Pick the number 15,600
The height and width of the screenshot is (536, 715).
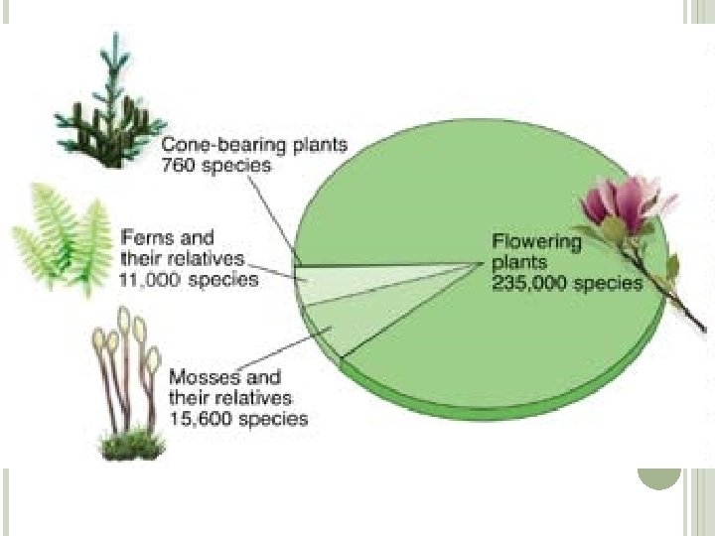[200, 418]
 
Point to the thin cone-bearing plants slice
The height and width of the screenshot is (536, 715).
[338, 265]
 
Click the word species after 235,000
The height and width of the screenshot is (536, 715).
[605, 283]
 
